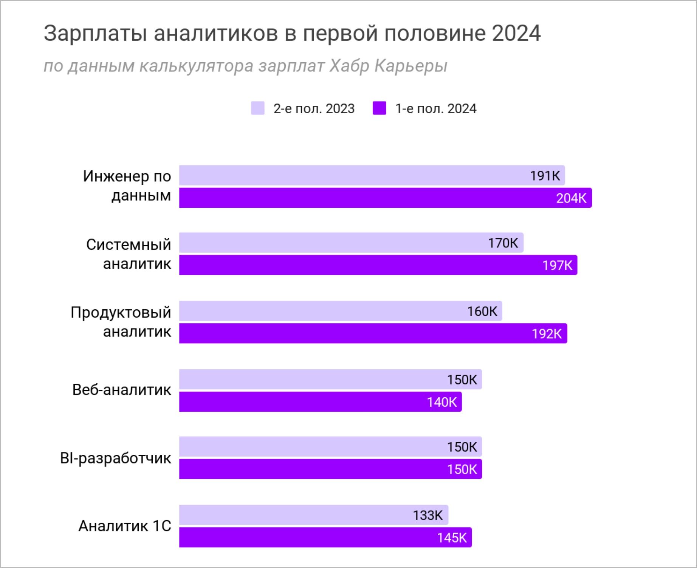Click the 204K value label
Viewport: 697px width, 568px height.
click(x=571, y=198)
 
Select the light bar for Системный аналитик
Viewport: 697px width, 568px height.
click(x=351, y=243)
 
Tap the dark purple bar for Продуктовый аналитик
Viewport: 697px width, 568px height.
click(x=373, y=333)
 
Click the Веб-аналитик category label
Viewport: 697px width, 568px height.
click(x=121, y=390)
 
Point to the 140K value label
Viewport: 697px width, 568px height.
click(x=441, y=402)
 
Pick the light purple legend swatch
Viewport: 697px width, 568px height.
click(x=258, y=108)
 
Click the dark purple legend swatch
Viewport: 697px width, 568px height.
click(x=379, y=108)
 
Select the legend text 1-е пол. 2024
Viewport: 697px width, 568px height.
click(x=435, y=109)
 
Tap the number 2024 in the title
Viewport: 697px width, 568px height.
click(x=516, y=34)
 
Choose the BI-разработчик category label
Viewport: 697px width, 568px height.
click(x=115, y=458)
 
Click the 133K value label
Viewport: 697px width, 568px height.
click(x=427, y=516)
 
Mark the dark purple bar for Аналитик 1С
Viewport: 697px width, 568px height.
click(x=325, y=537)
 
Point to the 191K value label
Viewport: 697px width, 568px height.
click(x=545, y=176)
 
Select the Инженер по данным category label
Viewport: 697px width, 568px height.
click(x=127, y=186)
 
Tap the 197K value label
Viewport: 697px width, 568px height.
click(x=557, y=265)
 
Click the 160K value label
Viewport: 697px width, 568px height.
click(x=482, y=312)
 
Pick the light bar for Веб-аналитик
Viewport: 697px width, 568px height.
click(x=330, y=380)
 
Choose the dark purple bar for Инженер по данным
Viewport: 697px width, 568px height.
click(x=385, y=198)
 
